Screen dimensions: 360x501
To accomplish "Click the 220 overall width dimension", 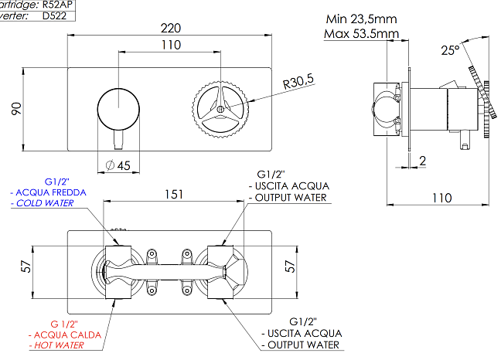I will [170, 28].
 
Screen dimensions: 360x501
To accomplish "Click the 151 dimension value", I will [173, 194].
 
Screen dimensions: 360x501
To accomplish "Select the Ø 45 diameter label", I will [117, 165].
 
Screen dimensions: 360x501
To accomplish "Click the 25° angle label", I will [450, 51].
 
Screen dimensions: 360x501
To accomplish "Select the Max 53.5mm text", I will [362, 33].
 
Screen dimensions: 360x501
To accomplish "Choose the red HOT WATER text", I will [57, 346].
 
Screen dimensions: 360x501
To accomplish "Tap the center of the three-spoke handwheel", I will [220, 108].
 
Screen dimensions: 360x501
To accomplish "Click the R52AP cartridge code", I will [59, 4].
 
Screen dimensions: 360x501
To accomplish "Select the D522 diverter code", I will [56, 15].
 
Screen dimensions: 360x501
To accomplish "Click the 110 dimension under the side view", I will [440, 197].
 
